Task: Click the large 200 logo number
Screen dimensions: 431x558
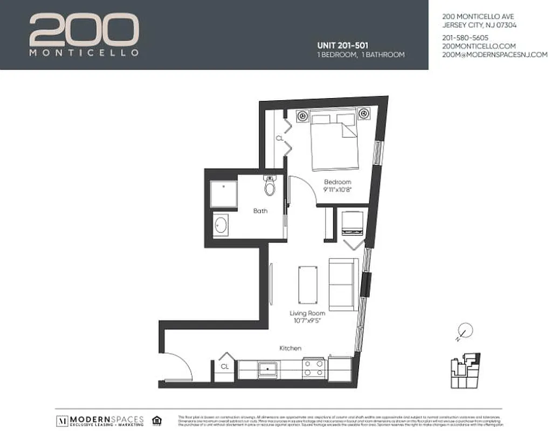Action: coord(84,31)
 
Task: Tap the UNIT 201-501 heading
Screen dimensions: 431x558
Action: coord(343,45)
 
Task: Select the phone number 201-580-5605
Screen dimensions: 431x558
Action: coord(465,38)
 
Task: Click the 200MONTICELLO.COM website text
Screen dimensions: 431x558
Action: coord(479,46)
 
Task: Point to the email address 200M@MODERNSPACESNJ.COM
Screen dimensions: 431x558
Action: coord(494,55)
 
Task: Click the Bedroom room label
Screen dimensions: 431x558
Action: coord(337,182)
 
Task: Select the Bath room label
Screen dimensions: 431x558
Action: coord(260,211)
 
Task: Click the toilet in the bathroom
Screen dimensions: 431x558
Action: coord(270,185)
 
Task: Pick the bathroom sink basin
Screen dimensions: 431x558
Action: coord(221,225)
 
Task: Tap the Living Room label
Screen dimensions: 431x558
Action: coord(307,314)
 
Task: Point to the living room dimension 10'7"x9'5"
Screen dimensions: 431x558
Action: coord(307,322)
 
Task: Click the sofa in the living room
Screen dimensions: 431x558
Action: coord(343,284)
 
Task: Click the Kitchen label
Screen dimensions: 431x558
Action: coord(290,349)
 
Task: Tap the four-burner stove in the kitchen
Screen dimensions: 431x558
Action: coord(314,369)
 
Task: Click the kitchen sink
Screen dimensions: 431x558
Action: coord(268,369)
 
